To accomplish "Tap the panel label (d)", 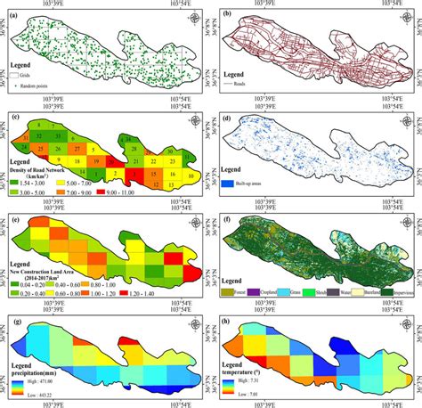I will pos(227,118).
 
